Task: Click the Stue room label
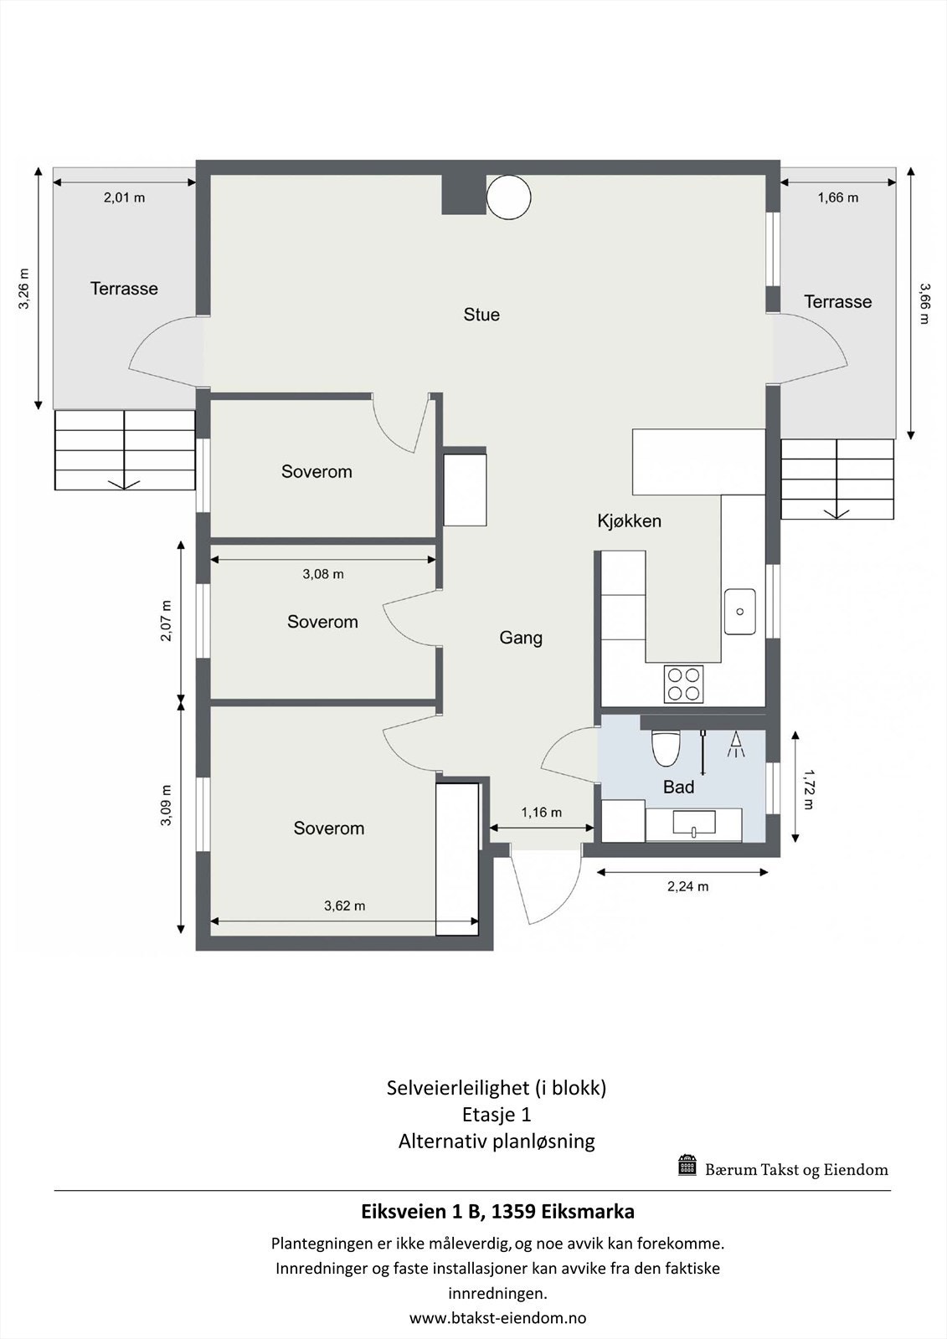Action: (481, 315)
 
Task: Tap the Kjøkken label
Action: (629, 521)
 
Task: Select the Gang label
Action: (521, 638)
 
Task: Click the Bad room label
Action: (678, 787)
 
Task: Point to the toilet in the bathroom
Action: (666, 747)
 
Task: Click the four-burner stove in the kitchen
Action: (683, 683)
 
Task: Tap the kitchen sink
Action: (740, 611)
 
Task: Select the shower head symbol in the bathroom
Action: (737, 745)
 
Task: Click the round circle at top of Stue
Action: (508, 197)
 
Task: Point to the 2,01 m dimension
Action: (124, 198)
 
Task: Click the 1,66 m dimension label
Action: (837, 198)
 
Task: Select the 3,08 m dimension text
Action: (322, 574)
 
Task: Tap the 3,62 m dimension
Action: (344, 905)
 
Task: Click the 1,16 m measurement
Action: (541, 812)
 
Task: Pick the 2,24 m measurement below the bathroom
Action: (687, 886)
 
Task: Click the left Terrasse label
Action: (124, 289)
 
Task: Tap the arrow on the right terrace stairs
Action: (837, 511)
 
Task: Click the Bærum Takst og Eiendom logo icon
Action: (687, 1165)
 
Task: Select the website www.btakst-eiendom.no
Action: (497, 1318)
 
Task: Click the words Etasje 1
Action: (497, 1114)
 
